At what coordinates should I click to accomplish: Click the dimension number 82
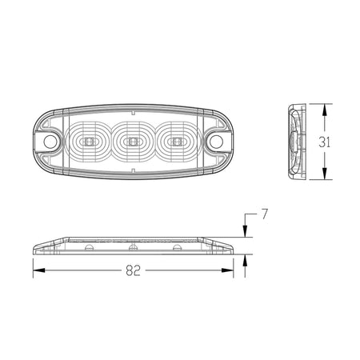point(133,270)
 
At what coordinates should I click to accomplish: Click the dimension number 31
point(325,142)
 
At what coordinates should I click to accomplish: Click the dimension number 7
point(264,214)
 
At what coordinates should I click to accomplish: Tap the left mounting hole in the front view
point(50,142)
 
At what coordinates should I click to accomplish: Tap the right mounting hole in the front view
point(216,142)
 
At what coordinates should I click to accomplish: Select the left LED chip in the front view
point(89,142)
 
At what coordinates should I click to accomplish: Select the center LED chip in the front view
point(133,142)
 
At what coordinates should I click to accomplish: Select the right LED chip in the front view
point(176,142)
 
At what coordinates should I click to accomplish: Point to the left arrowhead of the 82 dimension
point(38,270)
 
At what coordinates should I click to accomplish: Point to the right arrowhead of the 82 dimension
point(227,270)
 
